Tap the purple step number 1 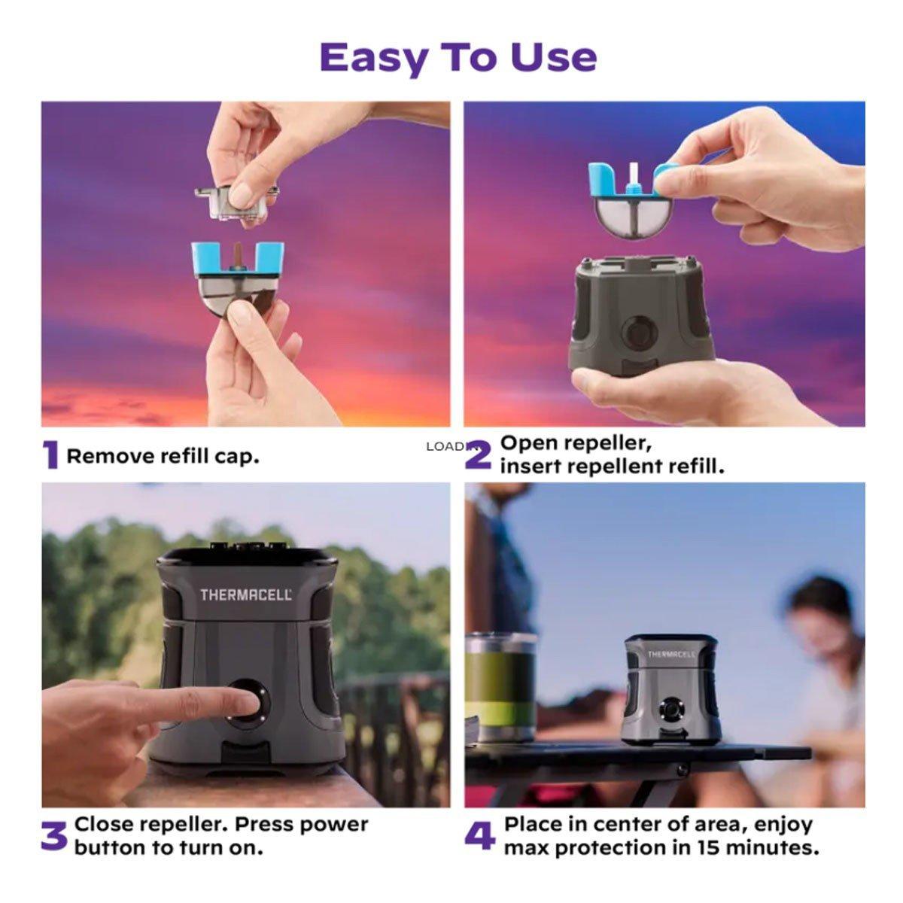coord(50,455)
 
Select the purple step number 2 coord(479,455)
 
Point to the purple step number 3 coord(54,836)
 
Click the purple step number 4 coord(480,836)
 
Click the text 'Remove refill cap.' coord(163,456)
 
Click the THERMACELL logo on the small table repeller coord(671,654)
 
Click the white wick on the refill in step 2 coord(634,174)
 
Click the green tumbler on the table coord(500,688)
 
